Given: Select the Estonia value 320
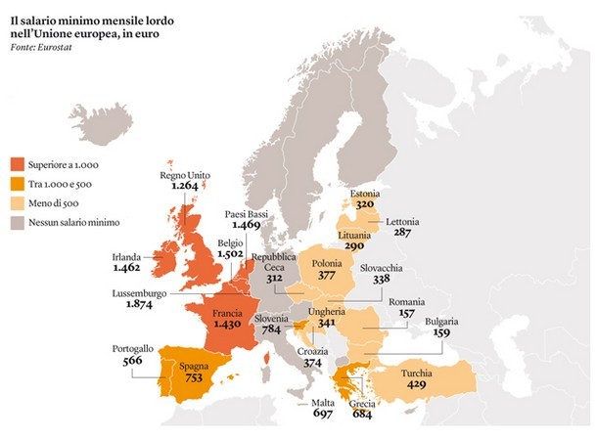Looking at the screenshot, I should [366, 206].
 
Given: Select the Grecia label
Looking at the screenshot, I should [362, 403].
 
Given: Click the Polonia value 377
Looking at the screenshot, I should [327, 276].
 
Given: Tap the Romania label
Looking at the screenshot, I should [408, 303].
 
